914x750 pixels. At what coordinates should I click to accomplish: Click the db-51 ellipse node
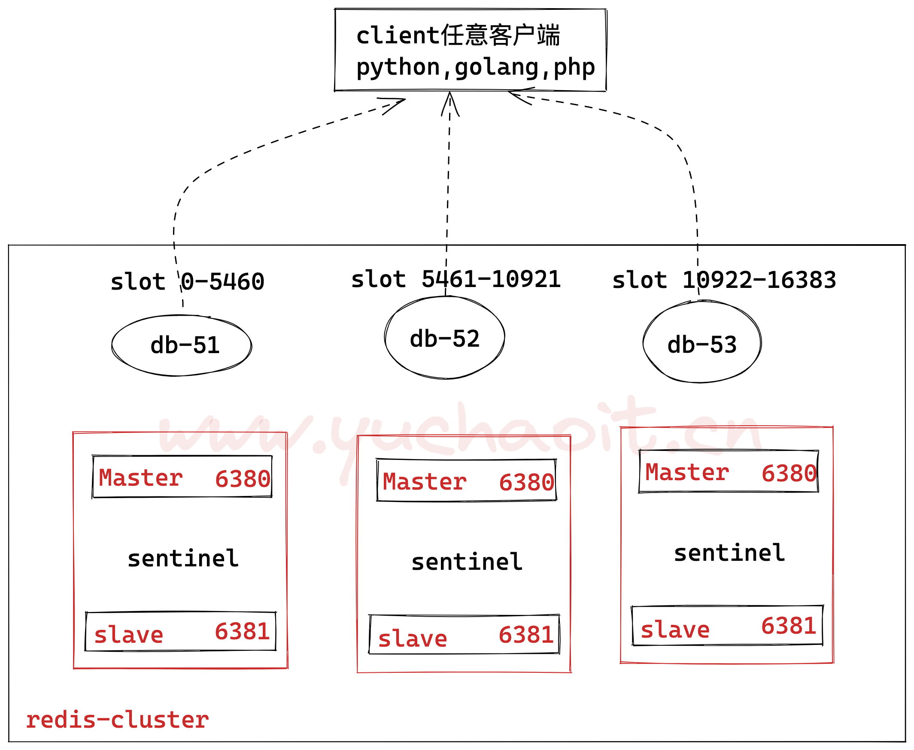tap(182, 346)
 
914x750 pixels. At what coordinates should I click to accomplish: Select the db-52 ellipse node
tap(444, 338)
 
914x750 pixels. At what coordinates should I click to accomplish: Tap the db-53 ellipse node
tap(702, 342)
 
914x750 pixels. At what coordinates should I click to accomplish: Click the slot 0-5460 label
tap(187, 282)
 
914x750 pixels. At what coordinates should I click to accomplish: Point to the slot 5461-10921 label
tap(455, 279)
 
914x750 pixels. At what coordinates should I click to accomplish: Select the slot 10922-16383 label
tap(724, 280)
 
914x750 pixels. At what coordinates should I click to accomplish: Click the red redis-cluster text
tap(117, 720)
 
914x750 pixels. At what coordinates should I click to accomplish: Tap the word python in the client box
tap(398, 68)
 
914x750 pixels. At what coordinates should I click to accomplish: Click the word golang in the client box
tap(497, 68)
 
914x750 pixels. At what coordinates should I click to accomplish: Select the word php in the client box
tap(574, 68)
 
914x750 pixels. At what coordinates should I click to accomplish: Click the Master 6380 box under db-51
tap(182, 477)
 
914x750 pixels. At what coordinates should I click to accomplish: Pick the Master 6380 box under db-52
tap(466, 481)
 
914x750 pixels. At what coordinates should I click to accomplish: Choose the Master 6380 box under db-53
tap(729, 472)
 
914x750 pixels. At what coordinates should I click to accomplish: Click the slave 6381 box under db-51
tap(181, 632)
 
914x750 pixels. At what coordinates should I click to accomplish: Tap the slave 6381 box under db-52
tap(465, 635)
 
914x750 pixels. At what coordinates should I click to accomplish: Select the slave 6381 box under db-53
tap(727, 626)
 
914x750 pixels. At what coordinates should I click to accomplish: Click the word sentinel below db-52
tap(467, 562)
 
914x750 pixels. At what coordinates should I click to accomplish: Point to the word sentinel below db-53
tap(729, 553)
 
